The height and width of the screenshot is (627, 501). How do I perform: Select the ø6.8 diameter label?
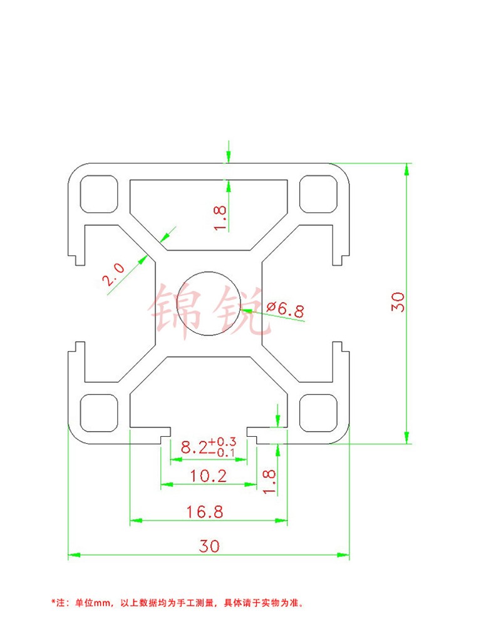(x=285, y=308)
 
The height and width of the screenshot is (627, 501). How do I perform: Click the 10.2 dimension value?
(x=209, y=476)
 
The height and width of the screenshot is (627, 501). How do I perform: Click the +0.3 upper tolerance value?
(x=223, y=442)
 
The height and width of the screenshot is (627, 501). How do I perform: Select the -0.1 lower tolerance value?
(x=223, y=452)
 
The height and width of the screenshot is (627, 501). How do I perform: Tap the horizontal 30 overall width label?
(x=209, y=546)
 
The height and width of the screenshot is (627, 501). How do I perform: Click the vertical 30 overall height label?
(x=398, y=302)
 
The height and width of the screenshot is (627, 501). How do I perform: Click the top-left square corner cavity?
(x=99, y=194)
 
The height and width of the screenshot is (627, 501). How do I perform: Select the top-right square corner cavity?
(x=318, y=194)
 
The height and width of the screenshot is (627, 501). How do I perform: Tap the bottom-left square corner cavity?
(x=99, y=413)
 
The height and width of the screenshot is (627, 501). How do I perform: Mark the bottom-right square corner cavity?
(x=318, y=413)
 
